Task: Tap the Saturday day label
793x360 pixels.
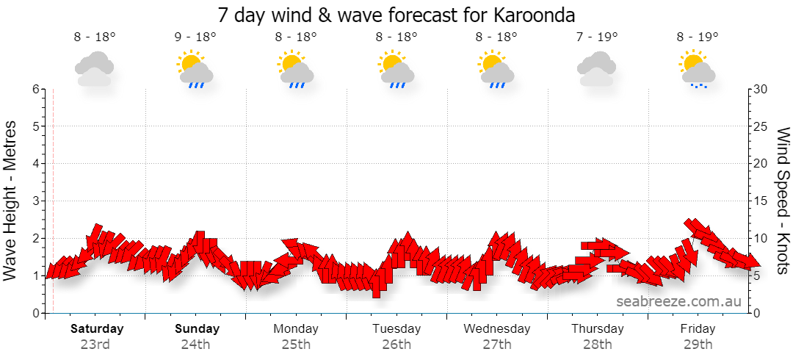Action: [x=97, y=328]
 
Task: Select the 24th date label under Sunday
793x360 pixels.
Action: [x=196, y=345]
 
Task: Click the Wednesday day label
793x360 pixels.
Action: [x=497, y=328]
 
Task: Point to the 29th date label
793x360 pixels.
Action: [x=698, y=345]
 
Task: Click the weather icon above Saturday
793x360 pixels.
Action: [x=94, y=69]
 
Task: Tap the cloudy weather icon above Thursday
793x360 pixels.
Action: [x=597, y=69]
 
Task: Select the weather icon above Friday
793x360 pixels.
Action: [x=698, y=69]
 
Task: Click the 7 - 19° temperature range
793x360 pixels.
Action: [x=597, y=37]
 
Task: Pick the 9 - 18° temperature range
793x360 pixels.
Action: [x=196, y=37]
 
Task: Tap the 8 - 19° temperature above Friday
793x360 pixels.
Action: [x=698, y=37]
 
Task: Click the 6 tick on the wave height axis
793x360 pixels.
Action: [x=36, y=89]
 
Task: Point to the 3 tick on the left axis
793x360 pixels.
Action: [x=36, y=201]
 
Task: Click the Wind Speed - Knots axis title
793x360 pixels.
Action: [x=782, y=201]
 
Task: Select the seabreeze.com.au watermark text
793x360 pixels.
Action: [x=678, y=302]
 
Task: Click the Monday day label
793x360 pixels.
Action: [x=296, y=328]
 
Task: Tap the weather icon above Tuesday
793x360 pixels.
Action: [x=396, y=69]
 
